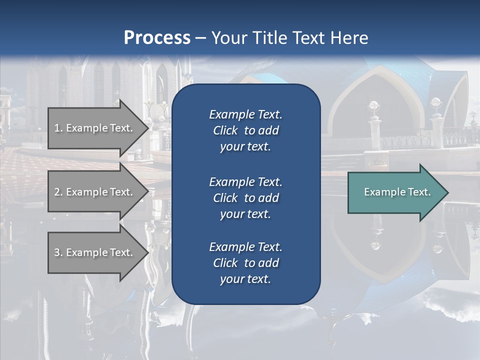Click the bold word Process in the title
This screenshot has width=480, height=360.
tap(157, 38)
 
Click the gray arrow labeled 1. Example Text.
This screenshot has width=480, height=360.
tap(95, 128)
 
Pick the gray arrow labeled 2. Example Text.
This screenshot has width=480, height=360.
tap(95, 192)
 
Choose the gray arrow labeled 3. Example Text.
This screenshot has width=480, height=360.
tap(95, 252)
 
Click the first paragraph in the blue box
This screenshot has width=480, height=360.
tap(245, 130)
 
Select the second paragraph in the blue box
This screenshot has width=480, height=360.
tap(245, 197)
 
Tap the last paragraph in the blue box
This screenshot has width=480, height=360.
tap(245, 262)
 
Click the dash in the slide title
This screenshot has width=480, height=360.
tap(201, 38)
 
